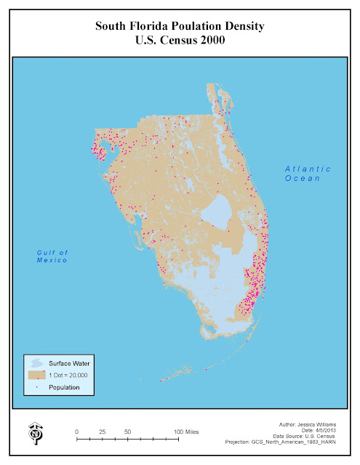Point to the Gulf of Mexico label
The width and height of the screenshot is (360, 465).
point(52,256)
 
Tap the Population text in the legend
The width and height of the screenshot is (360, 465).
point(65,387)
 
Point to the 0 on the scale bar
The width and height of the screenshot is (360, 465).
point(77,432)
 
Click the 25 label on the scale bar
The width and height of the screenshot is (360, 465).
point(102,432)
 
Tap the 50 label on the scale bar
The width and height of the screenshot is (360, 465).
point(127,432)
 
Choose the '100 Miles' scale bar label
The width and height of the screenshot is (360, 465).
point(186,432)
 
